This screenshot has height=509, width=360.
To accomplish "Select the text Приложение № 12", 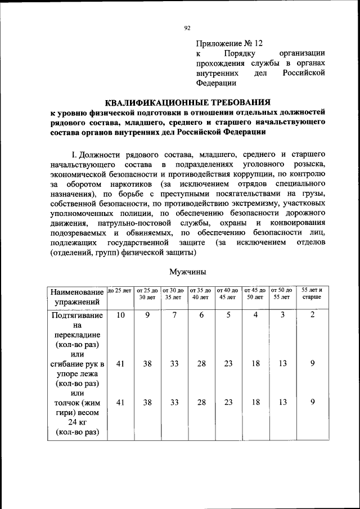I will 229,43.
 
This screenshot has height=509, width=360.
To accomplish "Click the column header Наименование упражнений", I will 77,297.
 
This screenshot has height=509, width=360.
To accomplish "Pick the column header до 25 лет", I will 119,290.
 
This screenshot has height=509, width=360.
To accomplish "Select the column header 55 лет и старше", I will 313,292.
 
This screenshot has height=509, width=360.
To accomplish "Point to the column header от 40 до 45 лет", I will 228,292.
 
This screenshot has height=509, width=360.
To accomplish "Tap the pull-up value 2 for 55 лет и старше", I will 312,316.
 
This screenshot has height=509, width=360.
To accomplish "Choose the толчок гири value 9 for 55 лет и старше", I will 312,402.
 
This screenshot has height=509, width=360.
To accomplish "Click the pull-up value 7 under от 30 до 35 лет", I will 174,316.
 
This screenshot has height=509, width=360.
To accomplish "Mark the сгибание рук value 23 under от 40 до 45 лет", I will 228,364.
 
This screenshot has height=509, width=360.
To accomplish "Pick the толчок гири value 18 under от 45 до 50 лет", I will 255,402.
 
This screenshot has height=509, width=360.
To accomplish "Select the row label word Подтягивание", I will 77,316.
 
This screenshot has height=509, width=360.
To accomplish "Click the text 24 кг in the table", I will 77,422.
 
